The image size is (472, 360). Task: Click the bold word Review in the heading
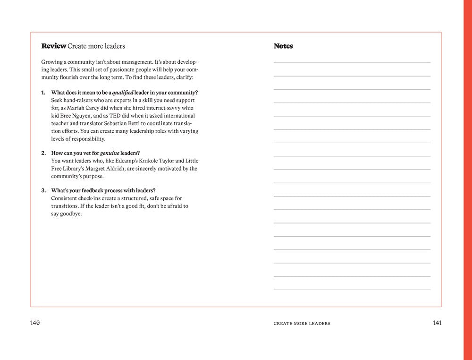pyautogui.click(x=53, y=46)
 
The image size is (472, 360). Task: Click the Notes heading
pyautogui.click(x=283, y=46)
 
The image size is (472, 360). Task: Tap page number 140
pyautogui.click(x=35, y=323)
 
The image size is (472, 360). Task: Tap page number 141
pyautogui.click(x=437, y=323)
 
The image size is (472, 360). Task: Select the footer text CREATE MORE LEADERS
pyautogui.click(x=302, y=324)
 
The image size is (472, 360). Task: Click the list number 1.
pyautogui.click(x=43, y=93)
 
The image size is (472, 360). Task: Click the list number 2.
pyautogui.click(x=43, y=153)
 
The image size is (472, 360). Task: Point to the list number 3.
pyautogui.click(x=43, y=191)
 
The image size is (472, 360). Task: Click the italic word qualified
pyautogui.click(x=123, y=93)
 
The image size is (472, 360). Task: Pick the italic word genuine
pyautogui.click(x=110, y=153)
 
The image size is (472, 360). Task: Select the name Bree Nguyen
pyautogui.click(x=74, y=116)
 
